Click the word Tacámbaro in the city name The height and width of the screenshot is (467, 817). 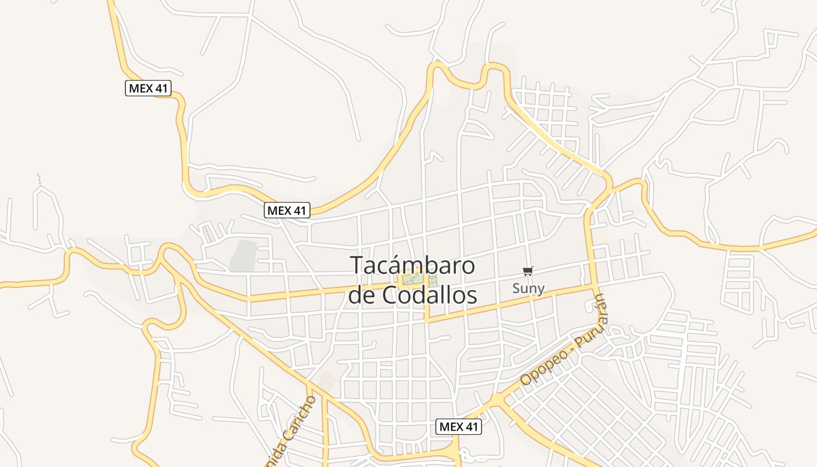click(413, 266)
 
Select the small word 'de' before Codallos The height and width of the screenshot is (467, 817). click(362, 295)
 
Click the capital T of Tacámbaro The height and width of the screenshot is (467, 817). click(357, 266)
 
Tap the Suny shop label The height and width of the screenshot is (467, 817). click(528, 288)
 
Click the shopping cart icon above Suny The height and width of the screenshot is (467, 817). click(528, 271)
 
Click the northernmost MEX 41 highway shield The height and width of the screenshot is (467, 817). click(148, 88)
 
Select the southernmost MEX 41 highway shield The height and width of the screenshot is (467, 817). click(459, 427)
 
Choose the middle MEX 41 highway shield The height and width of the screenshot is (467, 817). click(287, 211)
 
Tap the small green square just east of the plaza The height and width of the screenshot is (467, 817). click(433, 280)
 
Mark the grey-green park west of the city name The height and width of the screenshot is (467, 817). click(243, 256)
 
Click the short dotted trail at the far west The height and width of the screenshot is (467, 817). click(39, 179)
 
